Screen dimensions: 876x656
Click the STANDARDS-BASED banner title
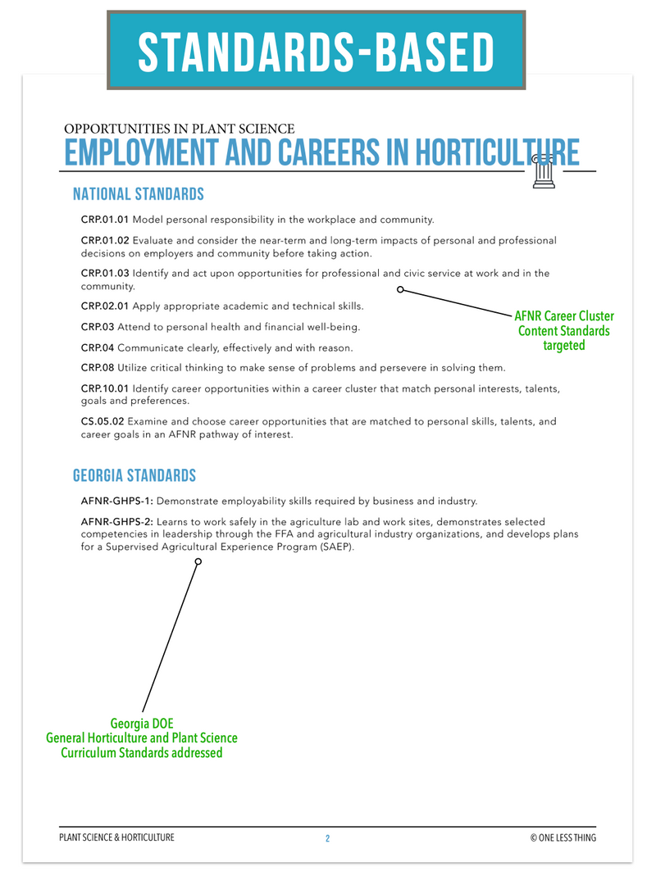point(316,51)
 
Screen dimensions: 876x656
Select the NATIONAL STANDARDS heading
point(138,195)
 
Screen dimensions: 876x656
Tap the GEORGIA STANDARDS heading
point(134,476)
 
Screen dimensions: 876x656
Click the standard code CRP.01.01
point(105,220)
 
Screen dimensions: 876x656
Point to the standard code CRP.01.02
point(105,241)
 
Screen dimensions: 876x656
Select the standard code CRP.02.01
point(105,306)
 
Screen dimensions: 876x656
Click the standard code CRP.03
point(97,327)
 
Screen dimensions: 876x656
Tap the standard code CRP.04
point(97,347)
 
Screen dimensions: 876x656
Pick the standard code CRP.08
point(97,367)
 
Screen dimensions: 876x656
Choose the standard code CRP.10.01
point(105,388)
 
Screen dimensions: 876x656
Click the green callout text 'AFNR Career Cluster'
point(564,316)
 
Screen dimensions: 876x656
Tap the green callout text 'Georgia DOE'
point(142,724)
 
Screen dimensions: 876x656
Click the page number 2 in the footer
point(327,838)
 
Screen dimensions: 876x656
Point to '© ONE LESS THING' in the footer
point(563,837)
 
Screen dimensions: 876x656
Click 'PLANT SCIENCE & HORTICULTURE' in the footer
point(117,837)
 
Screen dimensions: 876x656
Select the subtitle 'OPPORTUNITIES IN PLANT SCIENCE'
point(179,129)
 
